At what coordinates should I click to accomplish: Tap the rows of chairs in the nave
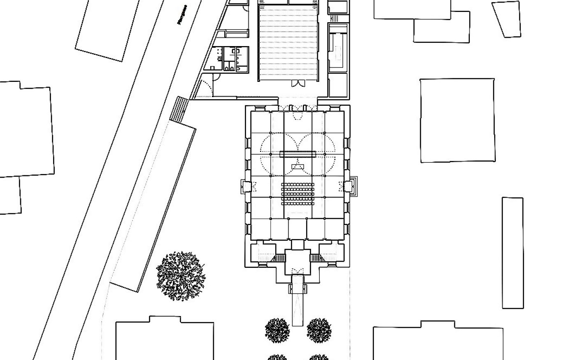(297, 193)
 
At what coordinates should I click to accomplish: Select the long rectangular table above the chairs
(297, 154)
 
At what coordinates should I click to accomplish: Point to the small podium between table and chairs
(297, 167)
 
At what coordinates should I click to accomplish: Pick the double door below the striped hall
(297, 84)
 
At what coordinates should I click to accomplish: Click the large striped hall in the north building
(289, 43)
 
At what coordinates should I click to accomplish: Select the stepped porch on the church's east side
(352, 186)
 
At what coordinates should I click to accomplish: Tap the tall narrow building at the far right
(513, 253)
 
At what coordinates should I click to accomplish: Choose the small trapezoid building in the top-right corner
(507, 19)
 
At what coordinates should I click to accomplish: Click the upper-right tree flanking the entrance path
(319, 329)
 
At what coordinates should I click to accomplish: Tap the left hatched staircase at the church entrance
(279, 258)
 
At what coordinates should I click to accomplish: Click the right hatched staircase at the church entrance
(316, 258)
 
